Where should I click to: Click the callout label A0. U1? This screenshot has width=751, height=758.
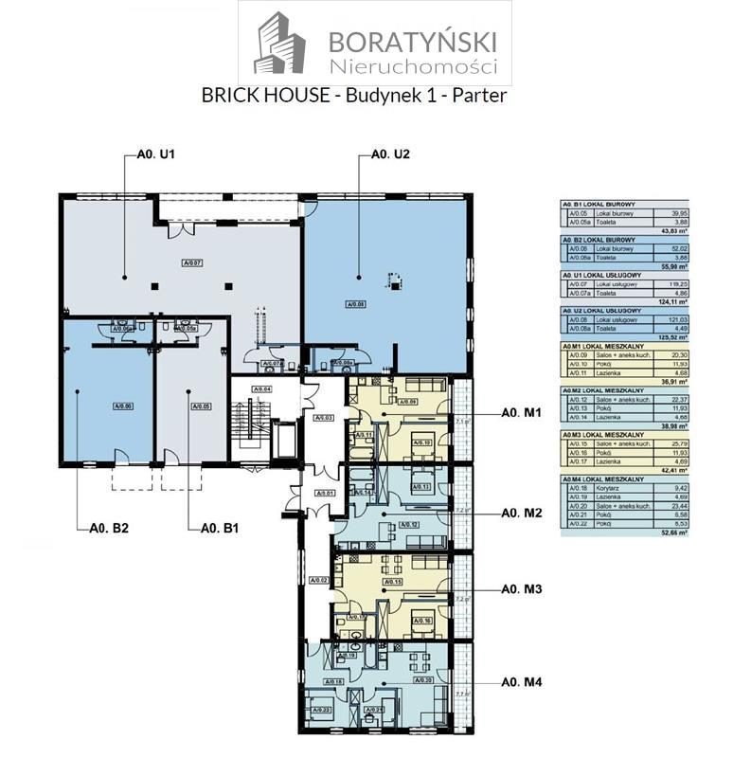click(x=152, y=153)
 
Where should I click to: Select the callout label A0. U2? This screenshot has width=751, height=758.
click(x=389, y=153)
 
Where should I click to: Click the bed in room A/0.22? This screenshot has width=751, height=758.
click(x=318, y=706)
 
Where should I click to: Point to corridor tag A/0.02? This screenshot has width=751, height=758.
click(x=318, y=580)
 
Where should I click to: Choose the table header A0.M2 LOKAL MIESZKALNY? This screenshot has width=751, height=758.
click(x=604, y=390)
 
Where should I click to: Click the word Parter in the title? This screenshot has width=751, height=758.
click(x=478, y=95)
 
